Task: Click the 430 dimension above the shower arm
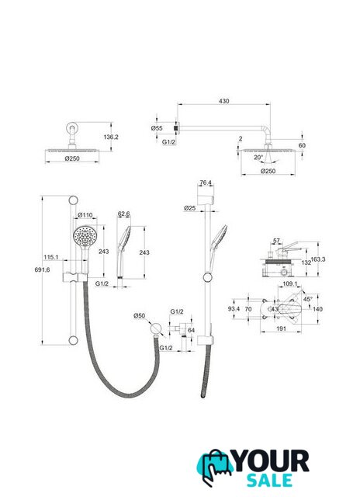224,101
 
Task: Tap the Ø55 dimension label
157,128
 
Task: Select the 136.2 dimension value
111,137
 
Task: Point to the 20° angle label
258,157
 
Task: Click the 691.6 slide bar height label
42,269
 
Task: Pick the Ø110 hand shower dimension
85,215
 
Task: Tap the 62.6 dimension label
124,214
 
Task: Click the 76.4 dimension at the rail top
206,182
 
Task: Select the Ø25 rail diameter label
189,208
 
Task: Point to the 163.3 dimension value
318,259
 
